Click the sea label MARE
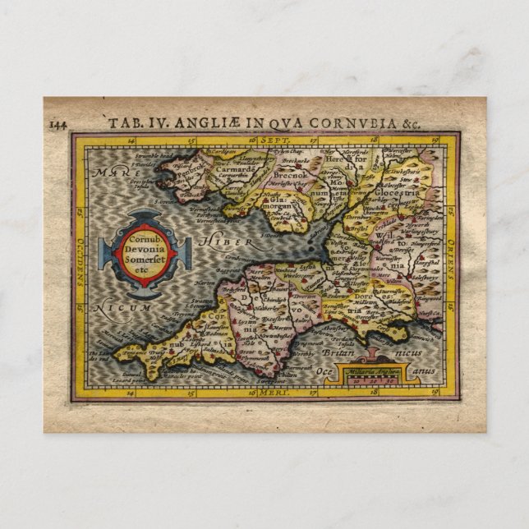(x=104, y=174)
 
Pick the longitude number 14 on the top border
(x=132, y=140)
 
